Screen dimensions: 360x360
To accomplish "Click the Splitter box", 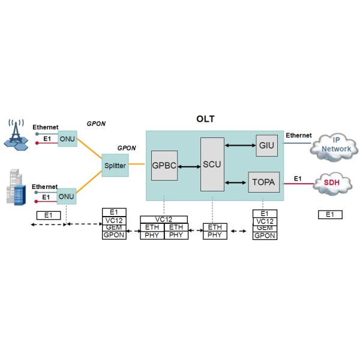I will (x=115, y=165).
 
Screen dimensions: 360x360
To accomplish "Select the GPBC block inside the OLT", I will (x=164, y=166).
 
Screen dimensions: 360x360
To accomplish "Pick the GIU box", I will (x=266, y=145).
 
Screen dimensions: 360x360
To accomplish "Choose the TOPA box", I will (x=264, y=182).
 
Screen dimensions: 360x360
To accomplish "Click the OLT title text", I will (x=206, y=119).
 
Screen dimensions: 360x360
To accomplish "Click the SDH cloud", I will (x=332, y=182).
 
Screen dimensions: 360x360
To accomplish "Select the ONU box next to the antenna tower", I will (x=67, y=136).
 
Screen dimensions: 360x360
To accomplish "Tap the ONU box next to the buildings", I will (x=67, y=196).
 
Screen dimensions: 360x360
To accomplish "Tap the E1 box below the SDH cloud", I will (x=329, y=214).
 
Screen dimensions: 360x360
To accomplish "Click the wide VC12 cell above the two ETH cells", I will (x=164, y=220).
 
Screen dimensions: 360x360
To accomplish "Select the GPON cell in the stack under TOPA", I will (x=265, y=236).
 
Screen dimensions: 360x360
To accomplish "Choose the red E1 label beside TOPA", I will (x=297, y=178).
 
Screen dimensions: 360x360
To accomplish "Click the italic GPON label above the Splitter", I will (x=127, y=148).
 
